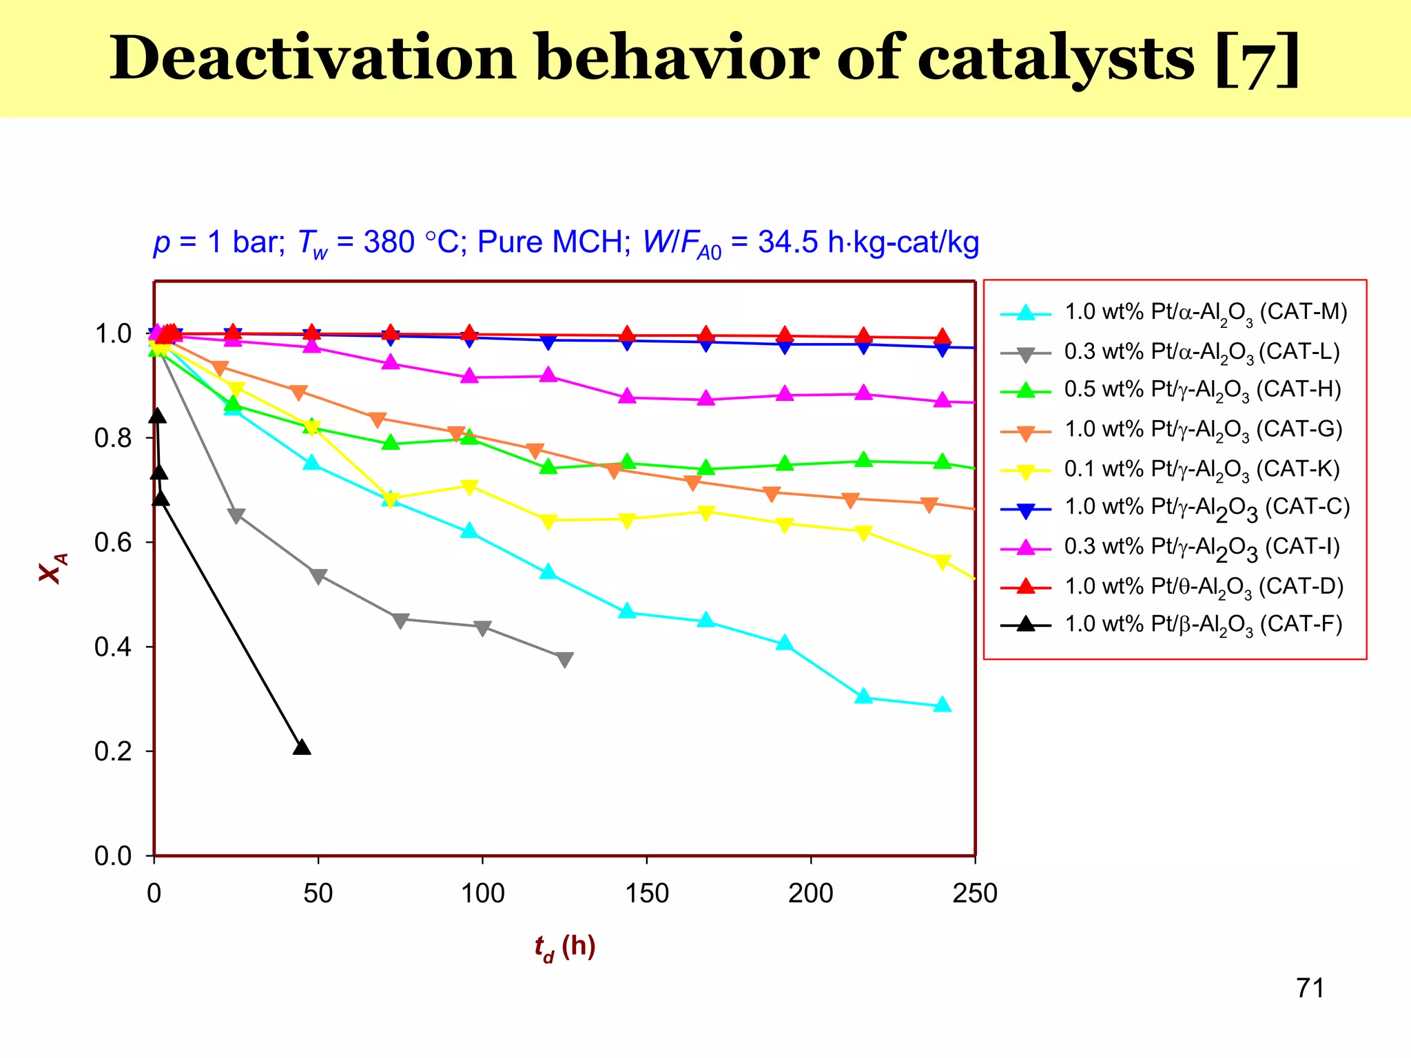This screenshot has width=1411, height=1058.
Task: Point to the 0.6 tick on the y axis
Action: point(113,543)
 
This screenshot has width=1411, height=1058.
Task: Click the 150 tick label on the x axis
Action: point(646,894)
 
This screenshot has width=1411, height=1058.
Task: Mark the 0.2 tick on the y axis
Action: point(113,751)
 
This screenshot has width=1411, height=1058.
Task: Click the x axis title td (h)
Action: point(565,948)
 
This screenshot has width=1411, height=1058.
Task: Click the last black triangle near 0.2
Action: point(302,747)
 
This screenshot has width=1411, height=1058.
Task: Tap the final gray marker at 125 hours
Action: point(564,659)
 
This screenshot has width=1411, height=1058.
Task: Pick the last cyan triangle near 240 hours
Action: point(943,705)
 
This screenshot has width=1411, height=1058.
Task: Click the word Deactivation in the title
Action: point(313,59)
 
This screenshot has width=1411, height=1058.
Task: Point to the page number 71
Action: point(1310,988)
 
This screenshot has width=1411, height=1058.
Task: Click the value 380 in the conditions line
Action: point(389,242)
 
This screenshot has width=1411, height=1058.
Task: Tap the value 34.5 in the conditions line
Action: point(788,242)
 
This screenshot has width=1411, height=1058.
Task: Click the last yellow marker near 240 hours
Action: point(943,561)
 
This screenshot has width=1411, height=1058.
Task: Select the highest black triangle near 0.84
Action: point(157,415)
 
